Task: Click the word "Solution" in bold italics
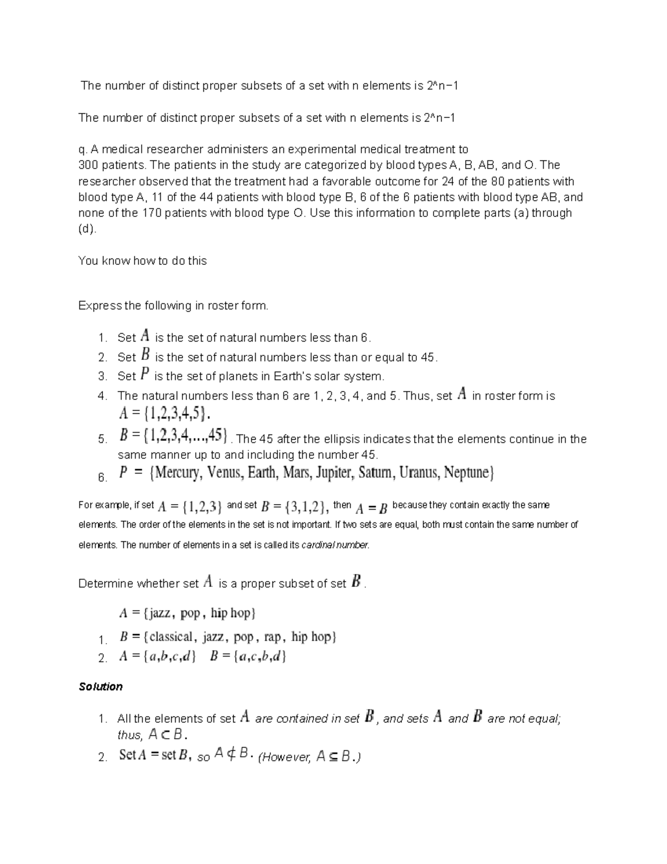tap(101, 687)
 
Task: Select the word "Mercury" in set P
tap(177, 473)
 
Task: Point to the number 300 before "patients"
tap(88, 165)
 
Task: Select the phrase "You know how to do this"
tap(142, 261)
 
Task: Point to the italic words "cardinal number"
tap(335, 545)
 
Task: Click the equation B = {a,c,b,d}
tap(248, 656)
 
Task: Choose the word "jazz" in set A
tap(160, 613)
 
